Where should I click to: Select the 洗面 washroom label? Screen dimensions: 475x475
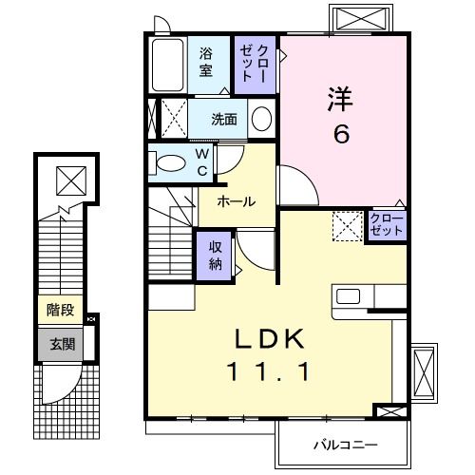click(224, 121)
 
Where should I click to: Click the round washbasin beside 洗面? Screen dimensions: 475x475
click(261, 120)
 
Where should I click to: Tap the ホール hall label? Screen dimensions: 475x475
click(234, 201)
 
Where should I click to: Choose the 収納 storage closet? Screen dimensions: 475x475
click(215, 254)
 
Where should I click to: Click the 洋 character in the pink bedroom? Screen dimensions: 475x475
click(341, 99)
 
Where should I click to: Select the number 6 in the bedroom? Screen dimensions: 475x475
click(340, 134)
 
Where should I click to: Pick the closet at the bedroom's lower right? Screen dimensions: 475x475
click(387, 226)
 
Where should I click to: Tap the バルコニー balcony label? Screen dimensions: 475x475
click(345, 444)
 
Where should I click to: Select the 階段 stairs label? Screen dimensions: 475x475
click(60, 310)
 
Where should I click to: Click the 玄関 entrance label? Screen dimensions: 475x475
click(60, 343)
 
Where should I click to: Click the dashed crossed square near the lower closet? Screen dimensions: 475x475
click(346, 226)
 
